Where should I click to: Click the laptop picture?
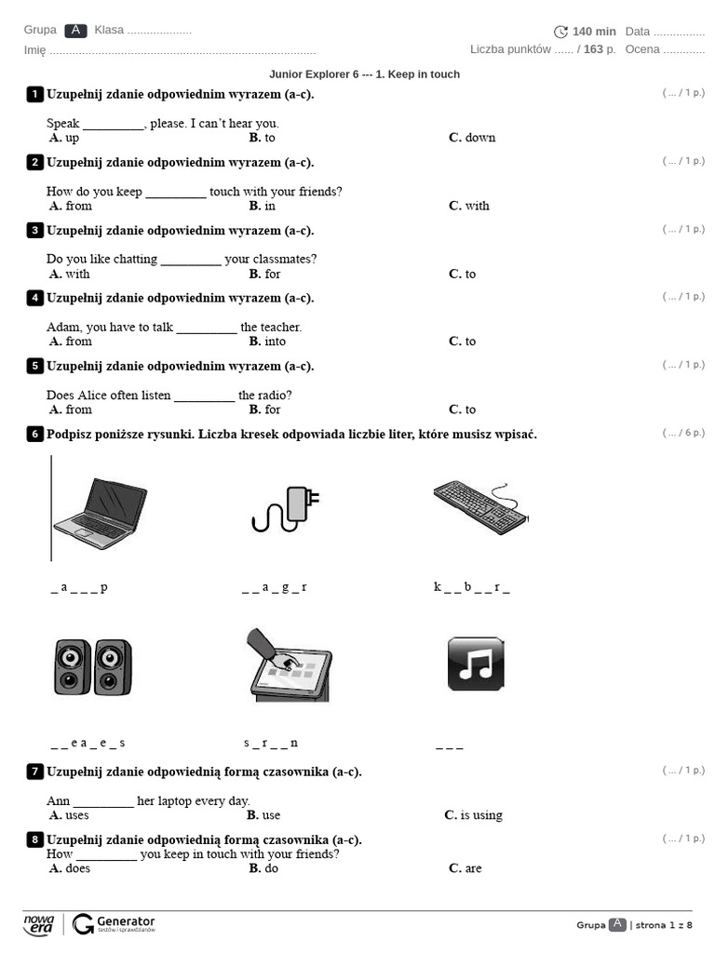tap(100, 507)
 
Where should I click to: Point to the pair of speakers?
tap(92, 666)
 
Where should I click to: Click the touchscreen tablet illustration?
tap(289, 665)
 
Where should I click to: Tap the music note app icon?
tap(476, 664)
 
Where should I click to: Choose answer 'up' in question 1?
tap(72, 138)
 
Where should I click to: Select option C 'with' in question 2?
tap(477, 206)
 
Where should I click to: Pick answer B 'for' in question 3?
tap(272, 274)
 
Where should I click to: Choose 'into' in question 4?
tap(275, 342)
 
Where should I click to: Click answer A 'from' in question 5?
tap(78, 409)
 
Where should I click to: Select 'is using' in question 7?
tap(480, 815)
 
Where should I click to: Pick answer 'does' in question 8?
tap(77, 868)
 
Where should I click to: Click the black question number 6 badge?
tap(35, 434)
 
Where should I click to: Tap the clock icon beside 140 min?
tap(560, 32)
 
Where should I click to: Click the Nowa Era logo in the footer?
tap(38, 923)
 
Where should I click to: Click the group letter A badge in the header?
tap(76, 31)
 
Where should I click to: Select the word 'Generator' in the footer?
tap(126, 920)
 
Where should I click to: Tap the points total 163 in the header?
tap(593, 49)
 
